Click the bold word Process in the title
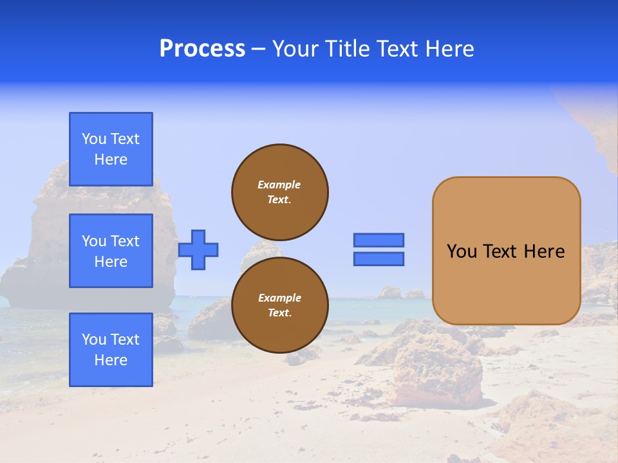point(202,49)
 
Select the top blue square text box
point(111,149)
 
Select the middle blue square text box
point(111,251)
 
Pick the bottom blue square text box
point(111,350)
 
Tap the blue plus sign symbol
point(198,250)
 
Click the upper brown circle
point(280,192)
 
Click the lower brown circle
point(280,305)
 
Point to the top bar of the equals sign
point(379,240)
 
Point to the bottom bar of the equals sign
point(379,259)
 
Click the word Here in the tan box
point(544,251)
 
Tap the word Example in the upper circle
point(279,185)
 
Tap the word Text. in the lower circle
point(279,313)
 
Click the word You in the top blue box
point(94,139)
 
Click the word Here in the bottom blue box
point(111,360)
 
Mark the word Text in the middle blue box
point(125,241)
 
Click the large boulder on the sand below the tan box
point(438,376)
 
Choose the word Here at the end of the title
point(448,49)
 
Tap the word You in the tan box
point(462,251)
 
